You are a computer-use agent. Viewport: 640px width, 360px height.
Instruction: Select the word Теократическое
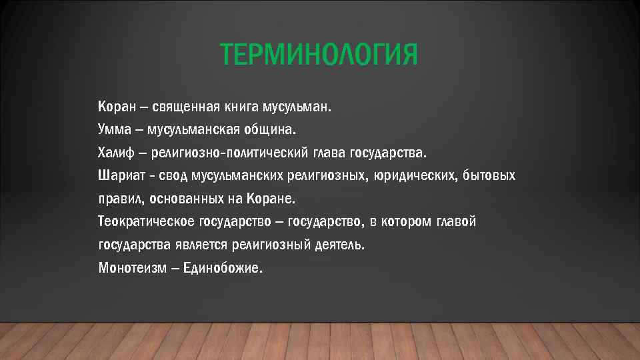click(141, 221)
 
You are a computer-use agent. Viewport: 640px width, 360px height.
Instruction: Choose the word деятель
click(340, 245)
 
